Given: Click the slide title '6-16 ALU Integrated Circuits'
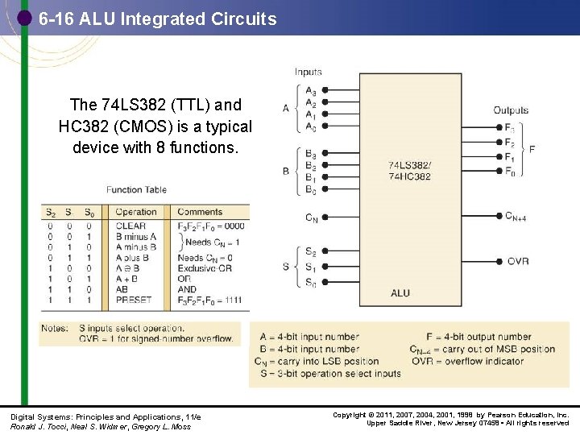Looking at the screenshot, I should (157, 19).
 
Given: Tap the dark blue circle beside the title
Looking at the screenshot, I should (24, 17).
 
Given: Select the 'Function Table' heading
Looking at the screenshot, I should (136, 190).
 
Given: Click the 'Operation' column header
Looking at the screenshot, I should (136, 213).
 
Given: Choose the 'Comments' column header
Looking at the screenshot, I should (200, 213).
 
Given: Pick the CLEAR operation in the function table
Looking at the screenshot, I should (130, 226).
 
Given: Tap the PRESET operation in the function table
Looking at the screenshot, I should (134, 300).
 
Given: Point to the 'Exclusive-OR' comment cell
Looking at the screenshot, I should (205, 268).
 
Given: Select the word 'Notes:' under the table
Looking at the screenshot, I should (55, 329).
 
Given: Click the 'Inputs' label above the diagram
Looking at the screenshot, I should (308, 72).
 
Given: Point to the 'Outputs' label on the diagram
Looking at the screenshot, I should (511, 110).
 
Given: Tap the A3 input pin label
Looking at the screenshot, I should (310, 90).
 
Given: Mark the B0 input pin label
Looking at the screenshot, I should (310, 189).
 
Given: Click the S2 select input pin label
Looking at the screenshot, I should (310, 251).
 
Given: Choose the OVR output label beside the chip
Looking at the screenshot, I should (518, 262).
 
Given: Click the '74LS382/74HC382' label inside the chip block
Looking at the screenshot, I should (409, 171).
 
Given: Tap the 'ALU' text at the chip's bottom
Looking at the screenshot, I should (400, 293).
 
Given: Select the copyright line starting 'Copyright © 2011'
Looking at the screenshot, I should (451, 415).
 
